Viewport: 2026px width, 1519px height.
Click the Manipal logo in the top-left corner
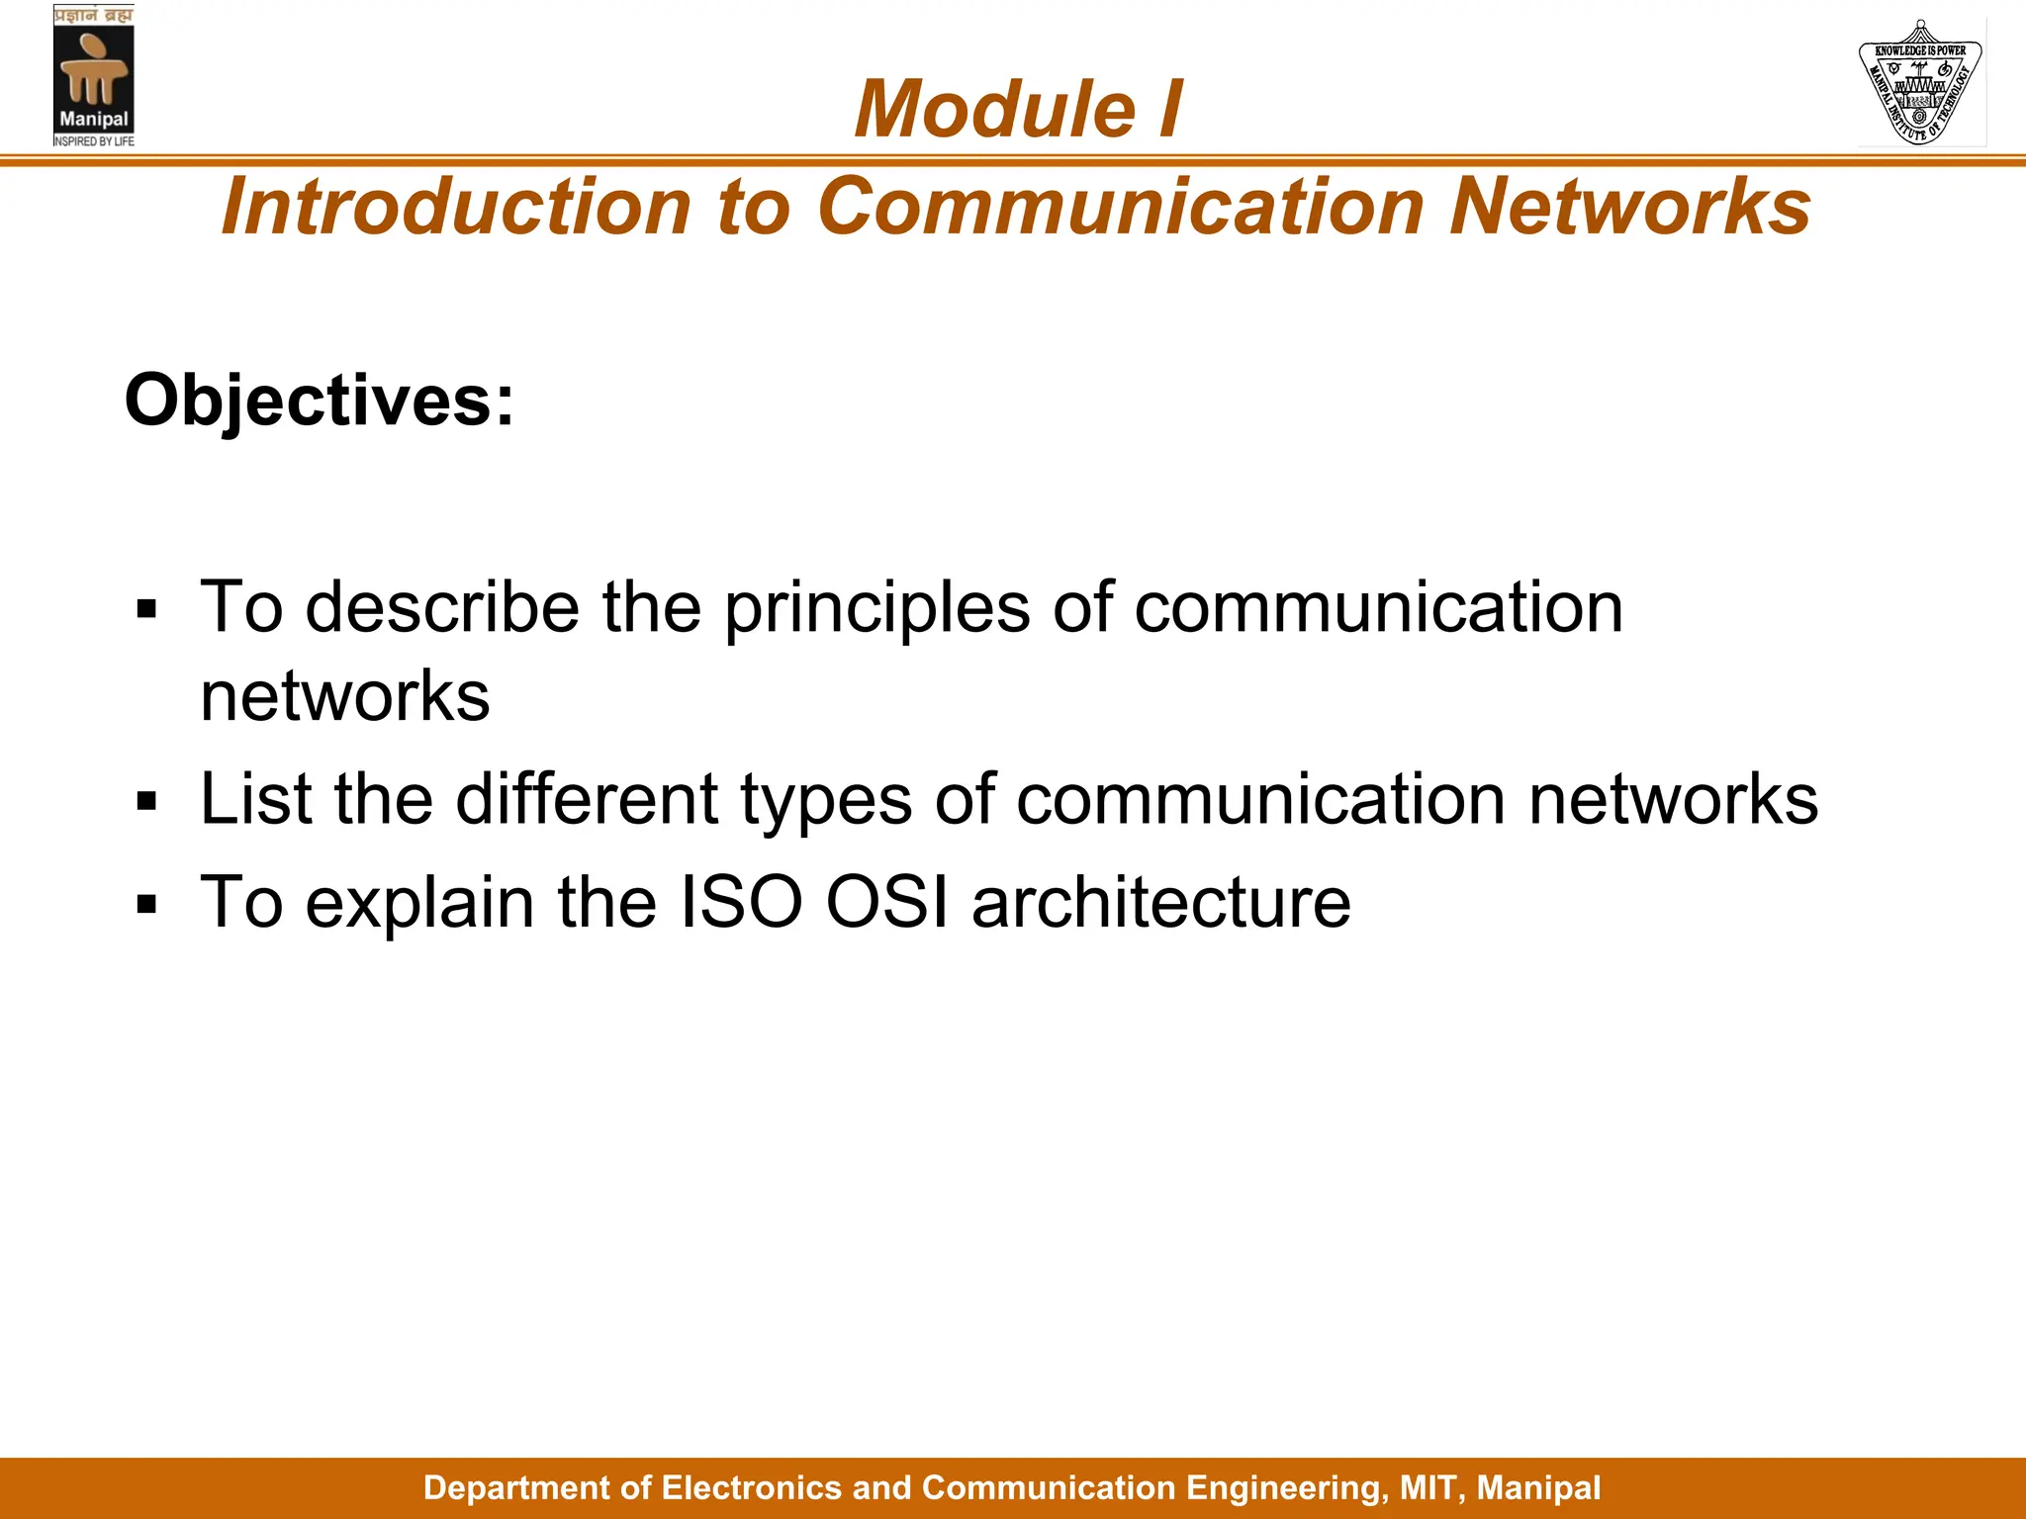[x=93, y=77]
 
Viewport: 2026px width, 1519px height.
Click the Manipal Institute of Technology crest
[x=1920, y=83]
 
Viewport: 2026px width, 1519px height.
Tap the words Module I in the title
[x=1018, y=109]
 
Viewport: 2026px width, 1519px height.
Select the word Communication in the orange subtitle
[x=1121, y=207]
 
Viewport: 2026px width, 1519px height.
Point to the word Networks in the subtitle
[x=1629, y=207]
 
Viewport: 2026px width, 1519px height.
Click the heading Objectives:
[x=320, y=401]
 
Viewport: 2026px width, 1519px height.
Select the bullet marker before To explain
[x=147, y=904]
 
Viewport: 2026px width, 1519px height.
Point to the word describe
[x=442, y=607]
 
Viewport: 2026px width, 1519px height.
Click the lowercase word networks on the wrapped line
[x=344, y=696]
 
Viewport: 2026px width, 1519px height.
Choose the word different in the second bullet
[x=586, y=799]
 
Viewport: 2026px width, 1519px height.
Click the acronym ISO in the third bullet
[x=740, y=902]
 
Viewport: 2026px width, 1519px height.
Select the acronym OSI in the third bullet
[x=886, y=902]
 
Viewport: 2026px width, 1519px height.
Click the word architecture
[x=1160, y=902]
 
